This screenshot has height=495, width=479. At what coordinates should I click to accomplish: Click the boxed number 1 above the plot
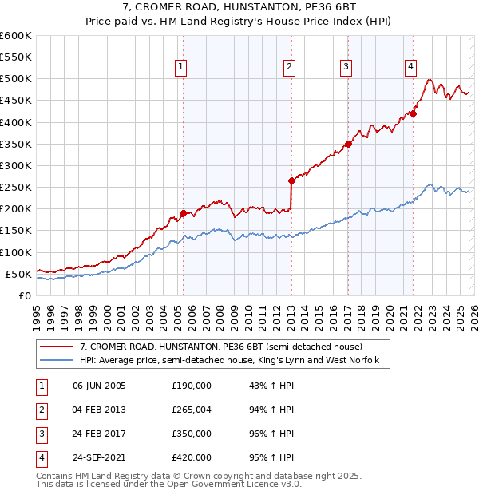click(x=183, y=68)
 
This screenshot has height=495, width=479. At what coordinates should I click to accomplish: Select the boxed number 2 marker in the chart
click(x=289, y=68)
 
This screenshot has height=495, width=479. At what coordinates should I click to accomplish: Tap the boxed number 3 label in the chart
click(x=346, y=68)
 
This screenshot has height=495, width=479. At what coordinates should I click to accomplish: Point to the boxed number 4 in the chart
click(x=410, y=68)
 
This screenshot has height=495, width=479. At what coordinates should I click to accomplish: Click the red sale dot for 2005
click(x=183, y=213)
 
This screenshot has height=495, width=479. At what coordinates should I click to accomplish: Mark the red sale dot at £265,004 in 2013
click(x=291, y=180)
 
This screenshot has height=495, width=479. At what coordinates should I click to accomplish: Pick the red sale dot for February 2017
click(x=348, y=144)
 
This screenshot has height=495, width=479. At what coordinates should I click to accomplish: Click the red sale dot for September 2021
click(x=414, y=113)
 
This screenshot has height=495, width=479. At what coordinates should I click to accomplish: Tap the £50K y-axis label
click(x=18, y=274)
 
